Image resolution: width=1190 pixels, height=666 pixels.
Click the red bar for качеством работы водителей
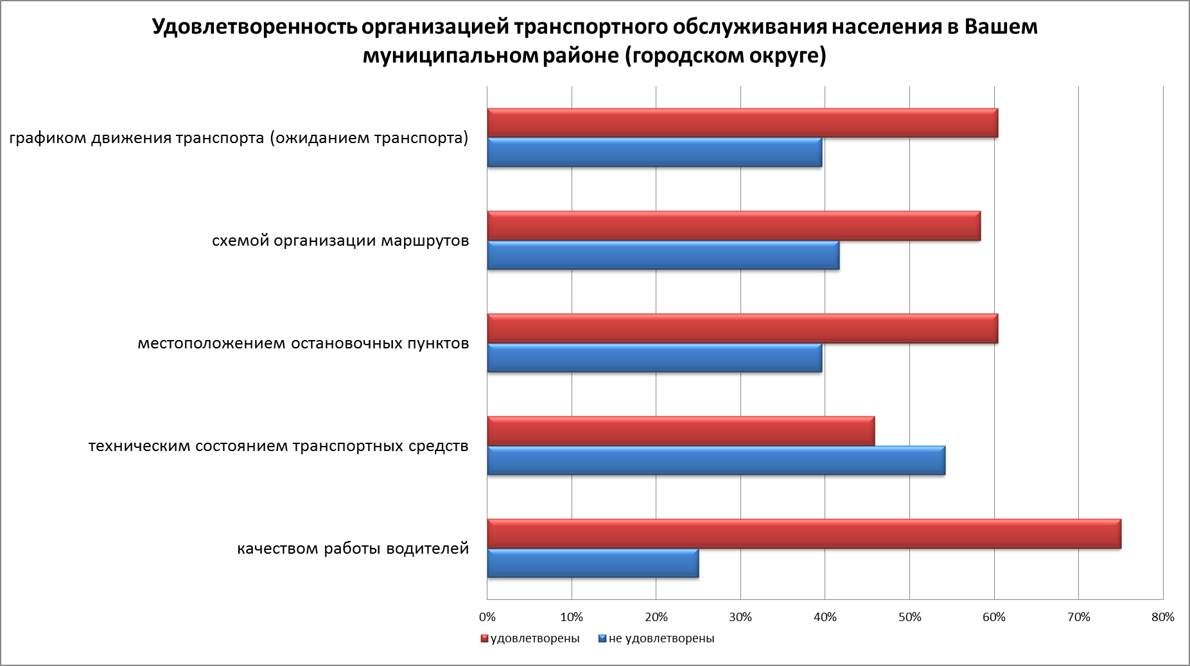click(x=804, y=534)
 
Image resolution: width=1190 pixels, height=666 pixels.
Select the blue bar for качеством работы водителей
click(x=593, y=563)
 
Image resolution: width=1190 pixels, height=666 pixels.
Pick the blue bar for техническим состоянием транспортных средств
click(x=716, y=461)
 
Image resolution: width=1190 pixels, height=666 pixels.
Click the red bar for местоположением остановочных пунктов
click(x=742, y=329)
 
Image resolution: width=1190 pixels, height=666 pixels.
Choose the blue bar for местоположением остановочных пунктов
click(x=654, y=358)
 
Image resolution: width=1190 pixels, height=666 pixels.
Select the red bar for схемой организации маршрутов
click(x=734, y=226)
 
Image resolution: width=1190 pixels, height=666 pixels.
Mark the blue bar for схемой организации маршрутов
click(x=663, y=255)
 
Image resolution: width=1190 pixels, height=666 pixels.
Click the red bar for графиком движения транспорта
click(x=742, y=124)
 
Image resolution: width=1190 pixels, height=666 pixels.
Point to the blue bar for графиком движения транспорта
click(x=654, y=153)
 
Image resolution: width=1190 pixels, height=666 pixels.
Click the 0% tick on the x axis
click(x=487, y=617)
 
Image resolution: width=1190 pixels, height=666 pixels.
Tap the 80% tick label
click(x=1163, y=617)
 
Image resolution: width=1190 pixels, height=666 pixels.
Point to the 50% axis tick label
click(x=909, y=617)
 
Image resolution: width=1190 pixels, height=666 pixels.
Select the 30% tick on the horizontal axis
click(x=740, y=617)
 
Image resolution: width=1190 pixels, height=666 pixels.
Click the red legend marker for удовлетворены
click(x=485, y=639)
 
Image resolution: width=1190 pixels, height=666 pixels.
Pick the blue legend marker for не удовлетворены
click(x=602, y=639)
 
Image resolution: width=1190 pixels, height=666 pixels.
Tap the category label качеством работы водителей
click(x=353, y=549)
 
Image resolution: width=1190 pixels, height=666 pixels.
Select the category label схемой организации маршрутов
click(x=340, y=241)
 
